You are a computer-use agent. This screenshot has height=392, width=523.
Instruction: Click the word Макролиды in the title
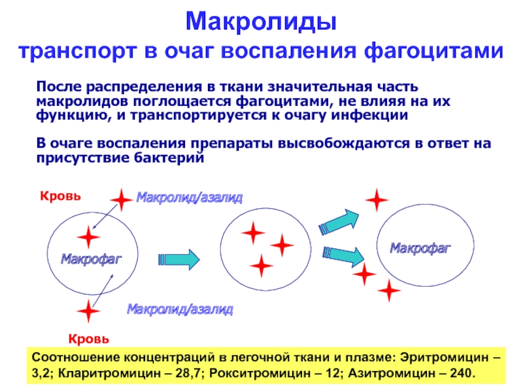coord(261,23)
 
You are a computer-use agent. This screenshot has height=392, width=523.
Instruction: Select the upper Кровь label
coord(60,195)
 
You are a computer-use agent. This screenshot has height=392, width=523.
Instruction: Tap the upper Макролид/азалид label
coord(189,197)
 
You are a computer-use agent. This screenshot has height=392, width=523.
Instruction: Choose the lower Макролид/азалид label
coord(180,308)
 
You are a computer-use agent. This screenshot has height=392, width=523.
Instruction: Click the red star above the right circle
coord(376,200)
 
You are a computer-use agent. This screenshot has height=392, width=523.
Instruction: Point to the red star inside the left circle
coord(88,237)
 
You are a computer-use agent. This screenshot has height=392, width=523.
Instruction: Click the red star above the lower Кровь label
coord(88,311)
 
